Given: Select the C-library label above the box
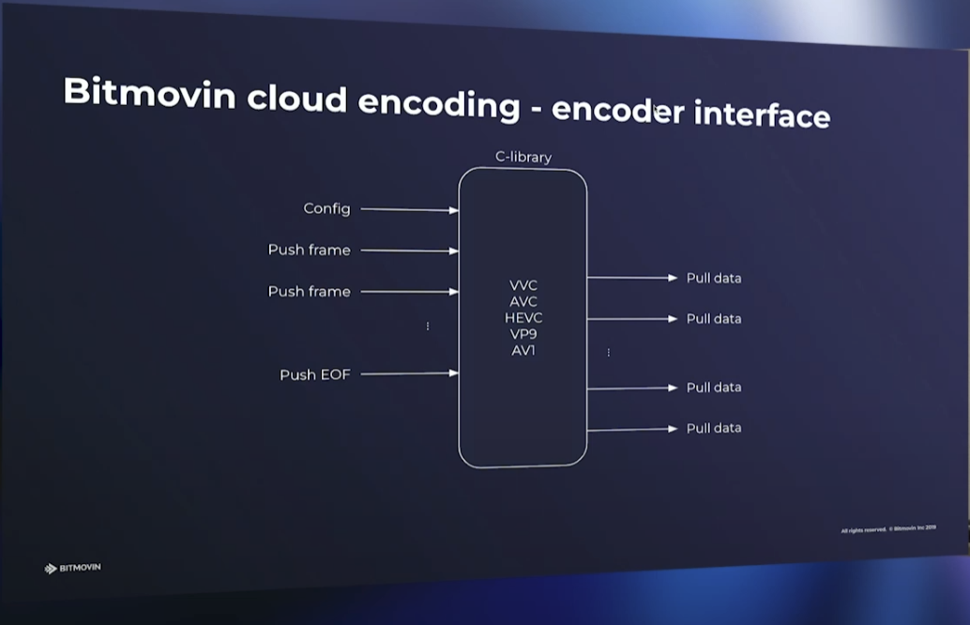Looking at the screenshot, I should (x=523, y=157).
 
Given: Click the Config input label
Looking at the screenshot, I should (x=326, y=208).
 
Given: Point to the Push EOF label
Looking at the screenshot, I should (x=314, y=374).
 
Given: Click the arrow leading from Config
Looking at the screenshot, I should (x=409, y=210).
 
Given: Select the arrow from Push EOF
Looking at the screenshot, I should (x=409, y=374).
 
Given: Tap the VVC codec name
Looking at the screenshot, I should (x=523, y=284).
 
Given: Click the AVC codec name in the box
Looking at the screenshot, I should (x=523, y=301).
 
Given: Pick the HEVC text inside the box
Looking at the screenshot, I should (x=523, y=317).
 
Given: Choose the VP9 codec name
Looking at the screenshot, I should (x=523, y=334).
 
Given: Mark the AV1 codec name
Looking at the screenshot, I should (x=523, y=350).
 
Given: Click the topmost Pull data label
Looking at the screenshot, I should (x=713, y=278).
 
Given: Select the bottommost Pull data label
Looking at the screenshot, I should (x=713, y=428).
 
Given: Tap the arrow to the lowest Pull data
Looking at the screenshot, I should (x=631, y=429).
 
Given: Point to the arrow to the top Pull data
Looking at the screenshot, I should (x=631, y=278).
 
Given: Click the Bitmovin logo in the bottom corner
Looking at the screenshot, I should (x=73, y=568).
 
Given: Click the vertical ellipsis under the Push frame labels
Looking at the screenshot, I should (x=428, y=326).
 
